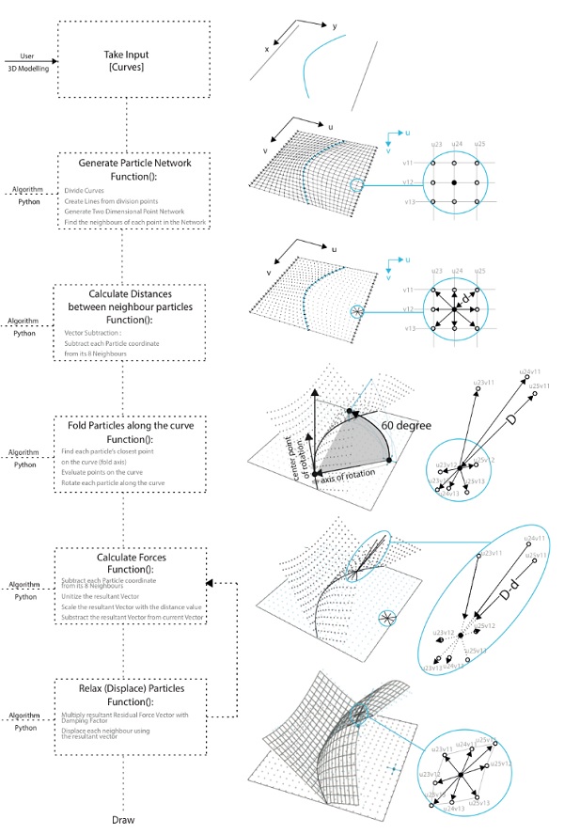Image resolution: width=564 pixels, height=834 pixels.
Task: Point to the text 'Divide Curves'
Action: click(x=86, y=191)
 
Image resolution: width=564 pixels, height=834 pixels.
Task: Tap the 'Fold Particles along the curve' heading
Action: click(x=132, y=425)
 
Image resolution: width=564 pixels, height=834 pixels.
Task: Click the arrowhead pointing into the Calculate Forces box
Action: click(x=212, y=583)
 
